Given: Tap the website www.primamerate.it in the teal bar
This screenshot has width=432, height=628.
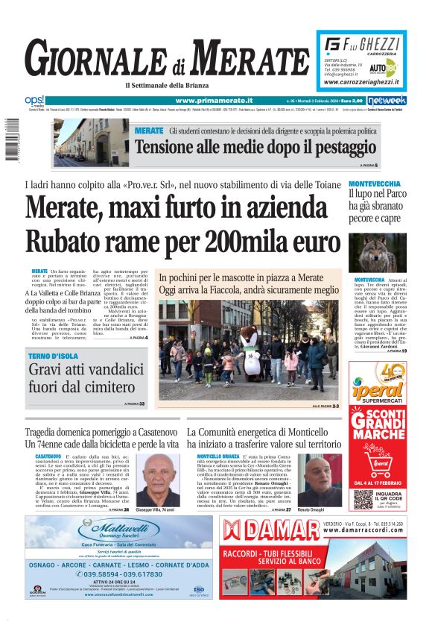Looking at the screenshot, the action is [x=214, y=101].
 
